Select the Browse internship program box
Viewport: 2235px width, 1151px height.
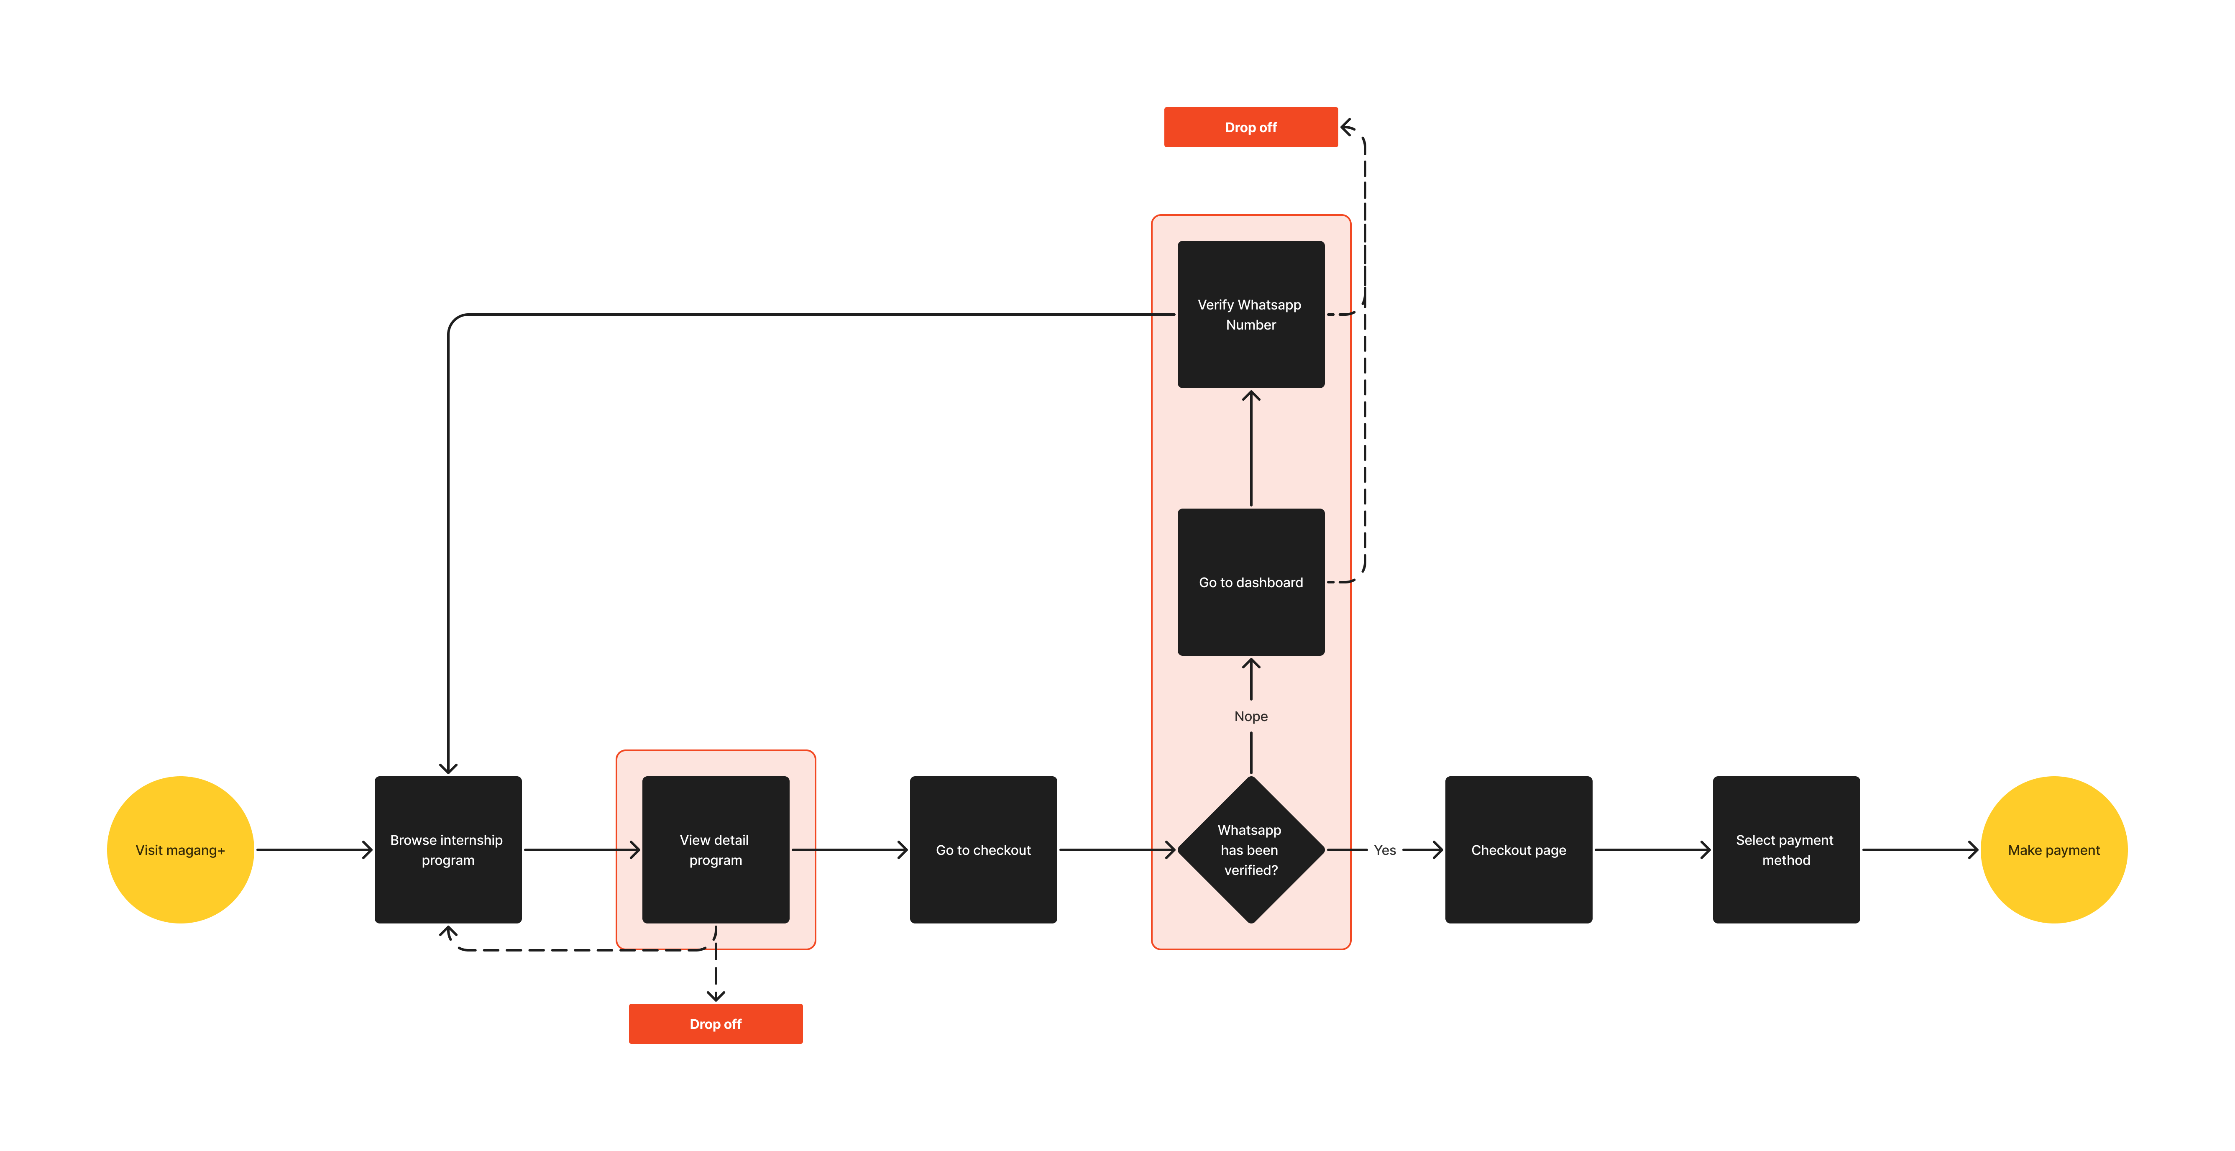coord(448,849)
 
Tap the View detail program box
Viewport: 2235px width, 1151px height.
coord(715,849)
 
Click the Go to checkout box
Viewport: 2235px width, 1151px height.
coord(983,849)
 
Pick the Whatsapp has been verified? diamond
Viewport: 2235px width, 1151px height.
coord(1250,849)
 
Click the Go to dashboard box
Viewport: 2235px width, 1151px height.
coord(1250,582)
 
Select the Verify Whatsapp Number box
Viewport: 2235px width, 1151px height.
coord(1250,314)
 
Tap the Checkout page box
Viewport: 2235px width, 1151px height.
coord(1518,849)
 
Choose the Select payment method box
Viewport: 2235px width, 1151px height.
coord(1785,849)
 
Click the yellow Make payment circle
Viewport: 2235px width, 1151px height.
coord(2053,849)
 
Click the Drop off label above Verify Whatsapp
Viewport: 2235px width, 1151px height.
coord(1250,128)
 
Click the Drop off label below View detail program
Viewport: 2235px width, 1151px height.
coord(715,1023)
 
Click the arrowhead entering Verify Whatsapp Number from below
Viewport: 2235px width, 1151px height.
coord(1250,396)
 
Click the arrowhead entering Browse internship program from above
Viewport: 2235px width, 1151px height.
coord(448,767)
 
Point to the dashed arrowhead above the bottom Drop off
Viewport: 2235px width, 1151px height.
coord(715,996)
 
